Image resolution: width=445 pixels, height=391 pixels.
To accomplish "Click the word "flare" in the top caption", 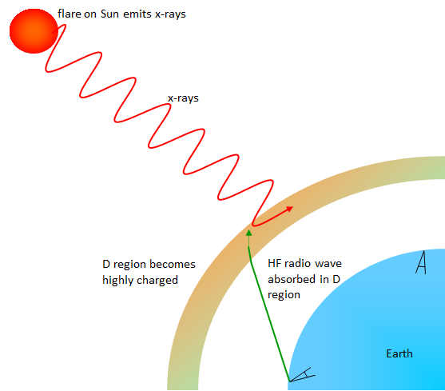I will [x=70, y=14].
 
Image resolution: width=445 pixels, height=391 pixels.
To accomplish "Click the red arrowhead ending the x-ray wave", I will [x=288, y=209].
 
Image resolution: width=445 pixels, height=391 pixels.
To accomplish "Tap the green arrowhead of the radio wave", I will [x=249, y=233].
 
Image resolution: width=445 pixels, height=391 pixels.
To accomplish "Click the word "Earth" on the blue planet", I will [x=399, y=353].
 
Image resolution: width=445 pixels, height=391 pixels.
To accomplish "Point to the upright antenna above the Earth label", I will [x=421, y=262].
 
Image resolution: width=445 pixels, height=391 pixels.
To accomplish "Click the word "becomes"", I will [x=173, y=265].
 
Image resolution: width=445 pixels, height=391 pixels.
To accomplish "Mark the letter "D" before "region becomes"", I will [x=106, y=265].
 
